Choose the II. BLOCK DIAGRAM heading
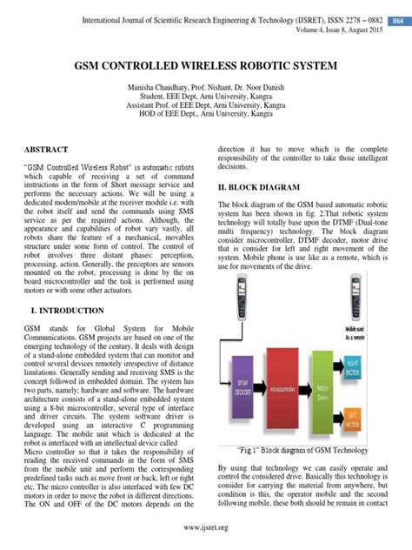(258, 187)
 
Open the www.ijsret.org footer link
(205, 527)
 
